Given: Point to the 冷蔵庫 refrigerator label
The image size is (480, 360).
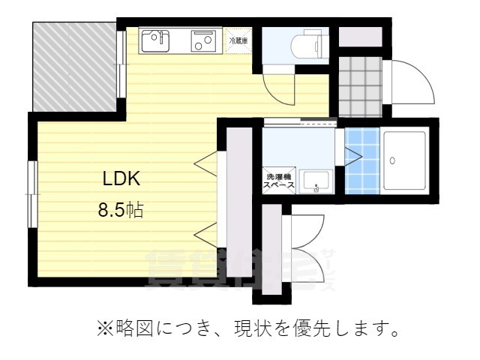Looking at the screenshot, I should pos(238,40).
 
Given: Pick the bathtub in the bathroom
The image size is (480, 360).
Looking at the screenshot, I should pos(405,160).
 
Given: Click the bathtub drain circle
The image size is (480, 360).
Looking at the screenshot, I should pos(394,160).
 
